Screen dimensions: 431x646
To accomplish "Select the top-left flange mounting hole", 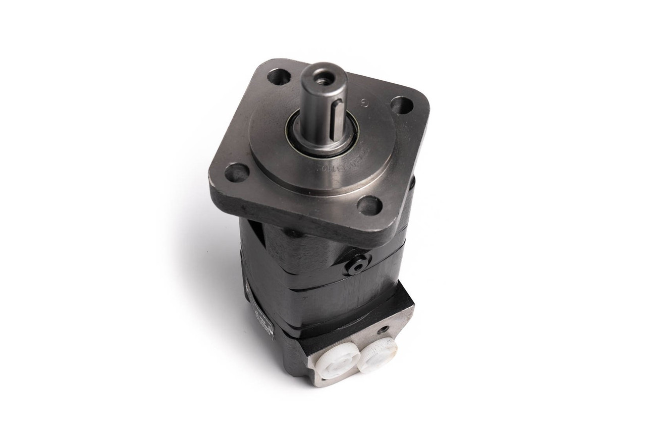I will [279, 77].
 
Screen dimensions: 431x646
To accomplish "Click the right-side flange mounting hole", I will [402, 105].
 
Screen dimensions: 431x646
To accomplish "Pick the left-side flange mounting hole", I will [237, 173].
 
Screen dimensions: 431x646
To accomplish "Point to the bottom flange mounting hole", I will [370, 205].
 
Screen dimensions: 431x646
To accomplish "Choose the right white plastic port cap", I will [378, 355].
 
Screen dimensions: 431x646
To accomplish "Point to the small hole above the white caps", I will [385, 329].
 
